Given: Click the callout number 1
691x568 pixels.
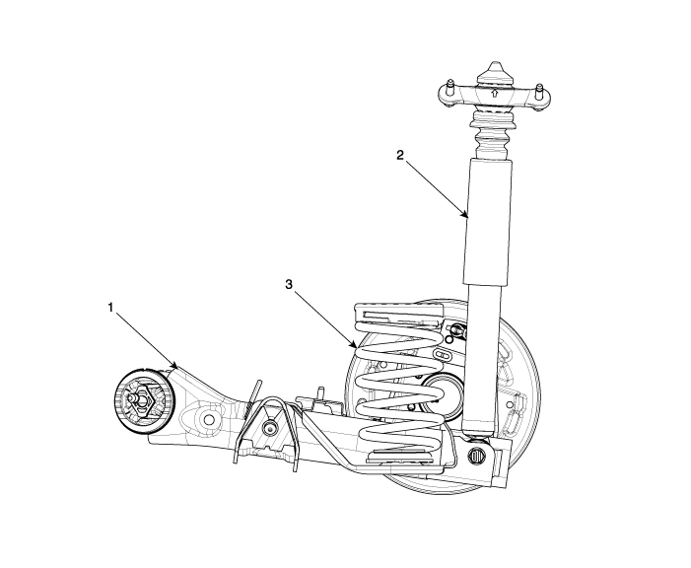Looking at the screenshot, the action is (111, 308).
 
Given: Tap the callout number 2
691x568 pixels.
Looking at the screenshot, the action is (399, 155).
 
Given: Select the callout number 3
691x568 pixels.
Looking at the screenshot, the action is (289, 285).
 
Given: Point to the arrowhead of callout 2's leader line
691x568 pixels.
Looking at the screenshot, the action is (465, 215).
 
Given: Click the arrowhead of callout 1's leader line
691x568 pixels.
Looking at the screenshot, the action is (174, 365).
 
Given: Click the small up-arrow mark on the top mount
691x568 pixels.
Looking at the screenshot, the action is (495, 93).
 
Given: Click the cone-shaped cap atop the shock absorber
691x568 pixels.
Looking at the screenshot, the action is (494, 72).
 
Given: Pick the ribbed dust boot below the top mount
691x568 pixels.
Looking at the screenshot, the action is (494, 132).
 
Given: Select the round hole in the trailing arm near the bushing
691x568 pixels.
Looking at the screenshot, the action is (209, 418).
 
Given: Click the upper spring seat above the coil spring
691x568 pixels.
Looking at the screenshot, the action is (399, 313).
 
